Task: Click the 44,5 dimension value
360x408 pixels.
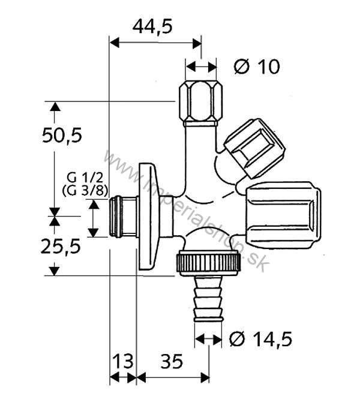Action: pyautogui.click(x=152, y=26)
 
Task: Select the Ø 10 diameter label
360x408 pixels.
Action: pyautogui.click(x=257, y=67)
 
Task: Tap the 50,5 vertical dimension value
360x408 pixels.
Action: pyautogui.click(x=62, y=136)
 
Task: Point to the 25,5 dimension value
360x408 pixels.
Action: pyautogui.click(x=62, y=246)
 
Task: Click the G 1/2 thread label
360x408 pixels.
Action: pyautogui.click(x=80, y=178)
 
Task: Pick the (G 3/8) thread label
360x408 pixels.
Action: pyautogui.click(x=80, y=191)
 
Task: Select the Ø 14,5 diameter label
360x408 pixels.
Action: pyautogui.click(x=261, y=339)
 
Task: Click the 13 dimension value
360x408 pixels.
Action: pyautogui.click(x=122, y=362)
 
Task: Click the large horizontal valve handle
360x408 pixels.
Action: pyautogui.click(x=282, y=214)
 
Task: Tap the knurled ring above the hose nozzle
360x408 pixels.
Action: pyautogui.click(x=209, y=262)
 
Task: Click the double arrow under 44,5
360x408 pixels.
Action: pyautogui.click(x=155, y=43)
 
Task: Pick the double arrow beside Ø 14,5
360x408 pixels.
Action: pyautogui.click(x=208, y=340)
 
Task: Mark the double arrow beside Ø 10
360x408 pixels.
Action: pyautogui.click(x=201, y=66)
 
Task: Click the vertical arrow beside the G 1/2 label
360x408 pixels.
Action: pyautogui.click(x=93, y=218)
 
